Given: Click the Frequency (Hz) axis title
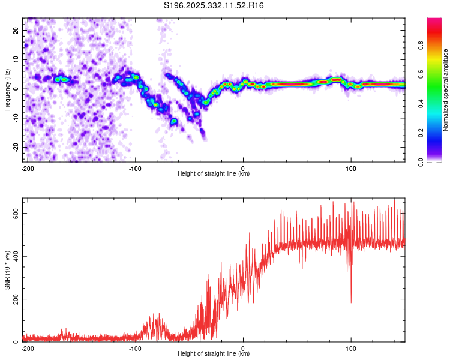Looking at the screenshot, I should coord(7,89).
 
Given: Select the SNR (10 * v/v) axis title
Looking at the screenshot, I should coord(7,269).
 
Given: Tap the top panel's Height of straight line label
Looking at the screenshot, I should coord(214,174).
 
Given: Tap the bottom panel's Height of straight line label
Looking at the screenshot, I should coord(214,354).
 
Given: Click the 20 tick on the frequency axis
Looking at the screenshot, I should coord(16,30).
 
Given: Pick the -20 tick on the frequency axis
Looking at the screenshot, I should coord(14,147).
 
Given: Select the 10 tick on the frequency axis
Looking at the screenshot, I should coord(16,59).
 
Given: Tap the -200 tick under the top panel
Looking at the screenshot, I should coord(27,168).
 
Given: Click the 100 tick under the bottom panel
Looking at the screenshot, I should coord(351,348).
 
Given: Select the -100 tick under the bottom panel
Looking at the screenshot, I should coord(135,348).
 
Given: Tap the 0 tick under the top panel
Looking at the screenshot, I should coord(243,168).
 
